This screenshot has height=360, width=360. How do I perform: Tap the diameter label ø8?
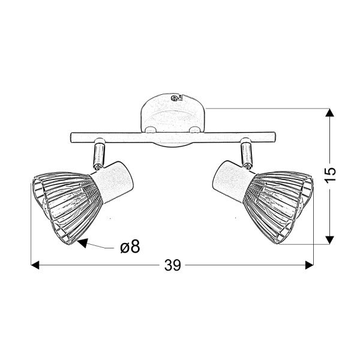[x=129, y=247]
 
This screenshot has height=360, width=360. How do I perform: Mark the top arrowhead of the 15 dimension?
[x=329, y=113]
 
